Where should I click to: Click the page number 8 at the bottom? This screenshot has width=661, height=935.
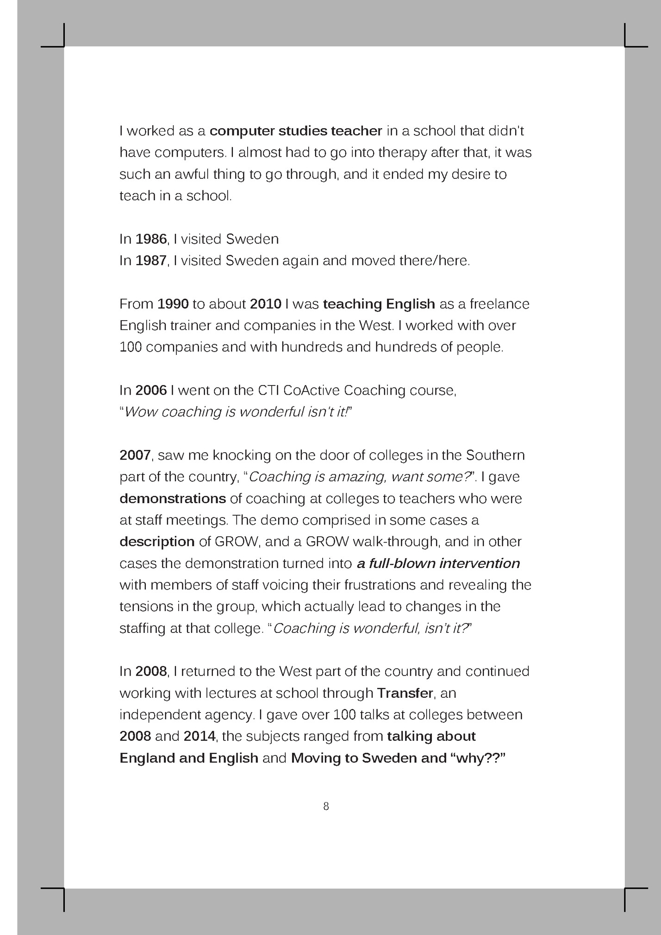pyautogui.click(x=326, y=806)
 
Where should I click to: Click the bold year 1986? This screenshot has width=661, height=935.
pyautogui.click(x=151, y=239)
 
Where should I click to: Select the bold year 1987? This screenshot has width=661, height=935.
pyautogui.click(x=151, y=261)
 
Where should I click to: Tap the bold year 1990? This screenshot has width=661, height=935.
pyautogui.click(x=173, y=304)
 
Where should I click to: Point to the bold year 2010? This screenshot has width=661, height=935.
pyautogui.click(x=266, y=304)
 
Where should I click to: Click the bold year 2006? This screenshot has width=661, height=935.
pyautogui.click(x=151, y=391)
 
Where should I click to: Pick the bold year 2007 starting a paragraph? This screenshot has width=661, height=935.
pyautogui.click(x=135, y=455)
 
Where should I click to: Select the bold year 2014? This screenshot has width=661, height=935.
pyautogui.click(x=200, y=736)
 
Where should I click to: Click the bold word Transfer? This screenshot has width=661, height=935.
pyautogui.click(x=405, y=693)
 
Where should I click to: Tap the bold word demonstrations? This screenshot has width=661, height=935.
pyautogui.click(x=173, y=499)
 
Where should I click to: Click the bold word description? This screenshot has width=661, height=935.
pyautogui.click(x=157, y=542)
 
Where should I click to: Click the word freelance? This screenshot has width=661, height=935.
pyautogui.click(x=499, y=304)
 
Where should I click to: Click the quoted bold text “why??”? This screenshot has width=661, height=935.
pyautogui.click(x=477, y=758)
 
